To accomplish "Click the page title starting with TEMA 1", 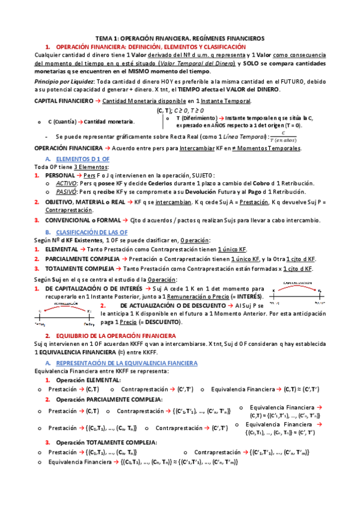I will pos(180,38).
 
